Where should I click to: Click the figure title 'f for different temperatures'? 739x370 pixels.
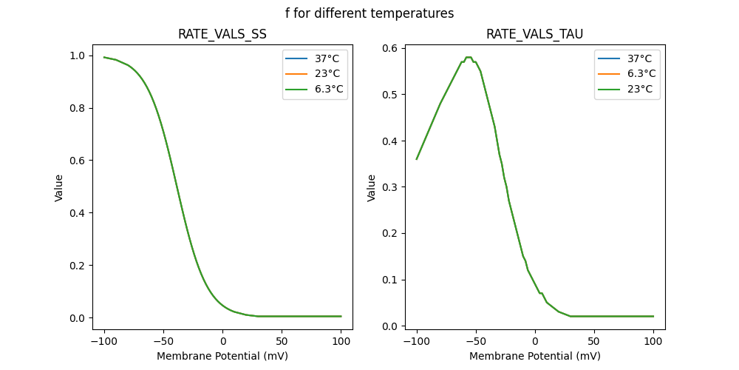click(x=369, y=13)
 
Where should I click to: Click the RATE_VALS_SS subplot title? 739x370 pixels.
click(x=222, y=34)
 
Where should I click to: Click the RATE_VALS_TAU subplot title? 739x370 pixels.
click(x=534, y=34)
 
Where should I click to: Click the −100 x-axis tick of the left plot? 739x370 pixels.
click(x=104, y=341)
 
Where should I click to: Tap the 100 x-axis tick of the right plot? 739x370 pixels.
click(x=653, y=341)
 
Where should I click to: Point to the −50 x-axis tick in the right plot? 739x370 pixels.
click(x=476, y=341)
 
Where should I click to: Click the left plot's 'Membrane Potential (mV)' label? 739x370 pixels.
click(x=222, y=356)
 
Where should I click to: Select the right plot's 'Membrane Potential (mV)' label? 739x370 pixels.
click(x=534, y=356)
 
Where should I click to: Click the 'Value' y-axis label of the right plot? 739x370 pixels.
click(x=372, y=188)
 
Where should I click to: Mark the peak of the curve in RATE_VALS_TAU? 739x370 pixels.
click(x=469, y=57)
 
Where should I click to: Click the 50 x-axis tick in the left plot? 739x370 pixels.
click(x=282, y=341)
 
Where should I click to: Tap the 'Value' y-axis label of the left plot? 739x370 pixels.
click(x=59, y=188)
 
